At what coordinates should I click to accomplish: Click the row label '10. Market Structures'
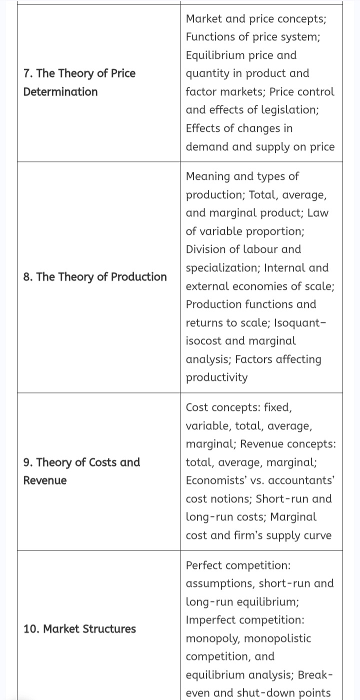pos(79,628)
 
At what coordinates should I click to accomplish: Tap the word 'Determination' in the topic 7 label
pos(60,91)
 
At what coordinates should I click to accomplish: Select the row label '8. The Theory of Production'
pos(95,276)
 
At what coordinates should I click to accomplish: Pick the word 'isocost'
pos(204,341)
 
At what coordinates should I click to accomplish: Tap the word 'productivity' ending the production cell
pos(216,377)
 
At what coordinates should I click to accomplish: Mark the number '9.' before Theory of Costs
pos(28,462)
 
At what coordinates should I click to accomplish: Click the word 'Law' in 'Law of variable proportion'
pos(318,213)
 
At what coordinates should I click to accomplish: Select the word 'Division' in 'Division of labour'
pos(206,249)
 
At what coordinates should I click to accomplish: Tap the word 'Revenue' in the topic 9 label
pos(45,480)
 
